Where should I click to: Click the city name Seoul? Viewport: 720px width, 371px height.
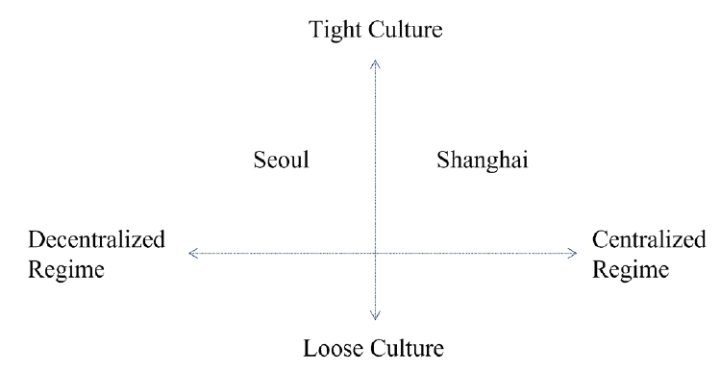coord(282,160)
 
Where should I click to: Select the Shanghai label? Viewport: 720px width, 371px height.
coord(483,161)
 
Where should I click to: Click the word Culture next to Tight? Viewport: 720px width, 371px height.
coord(404,30)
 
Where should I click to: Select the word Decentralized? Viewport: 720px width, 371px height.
coord(96,239)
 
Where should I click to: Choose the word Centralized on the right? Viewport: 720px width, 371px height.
coord(648,239)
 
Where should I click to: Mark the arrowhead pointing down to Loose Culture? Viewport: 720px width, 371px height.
coord(375,314)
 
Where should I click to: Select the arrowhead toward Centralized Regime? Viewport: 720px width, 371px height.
coord(574,253)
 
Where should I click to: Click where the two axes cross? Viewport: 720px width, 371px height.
coord(375,253)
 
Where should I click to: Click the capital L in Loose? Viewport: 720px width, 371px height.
coord(310,347)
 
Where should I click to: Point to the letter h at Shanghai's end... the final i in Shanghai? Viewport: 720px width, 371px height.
coord(526,159)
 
